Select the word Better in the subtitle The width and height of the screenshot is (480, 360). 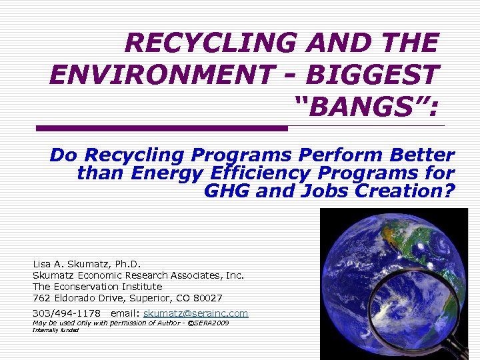click(x=423, y=155)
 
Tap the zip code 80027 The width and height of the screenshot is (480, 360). click(x=209, y=297)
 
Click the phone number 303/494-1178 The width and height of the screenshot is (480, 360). click(x=67, y=313)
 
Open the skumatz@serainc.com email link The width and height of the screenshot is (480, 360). click(x=195, y=313)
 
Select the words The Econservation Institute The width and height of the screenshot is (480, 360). click(x=97, y=286)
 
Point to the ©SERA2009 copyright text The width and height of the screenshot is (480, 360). click(x=207, y=323)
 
